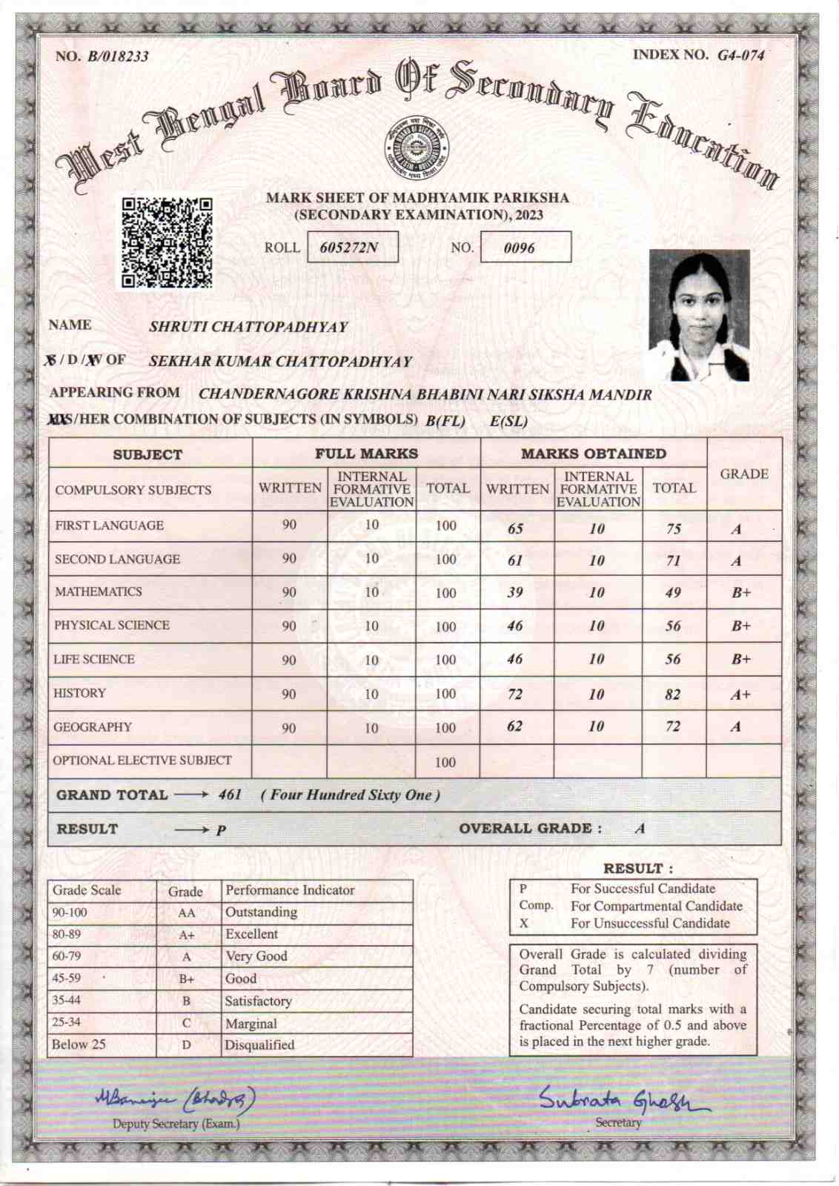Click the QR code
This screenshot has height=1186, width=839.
167,242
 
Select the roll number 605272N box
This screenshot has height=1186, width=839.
352,248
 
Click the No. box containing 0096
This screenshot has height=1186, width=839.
525,248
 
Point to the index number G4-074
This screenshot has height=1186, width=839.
740,55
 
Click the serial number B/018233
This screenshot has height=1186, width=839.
118,56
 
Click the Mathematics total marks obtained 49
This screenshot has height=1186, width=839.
673,592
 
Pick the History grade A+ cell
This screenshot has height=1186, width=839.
740,695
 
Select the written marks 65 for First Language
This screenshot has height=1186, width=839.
515,529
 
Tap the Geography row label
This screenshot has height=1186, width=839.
92,727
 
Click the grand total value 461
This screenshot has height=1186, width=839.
230,795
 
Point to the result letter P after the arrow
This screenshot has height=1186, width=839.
221,830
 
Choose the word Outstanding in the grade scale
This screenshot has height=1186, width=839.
261,912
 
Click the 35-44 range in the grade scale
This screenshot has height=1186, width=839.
66,1000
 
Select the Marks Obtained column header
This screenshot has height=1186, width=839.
593,454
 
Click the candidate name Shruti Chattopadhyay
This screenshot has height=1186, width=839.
248,327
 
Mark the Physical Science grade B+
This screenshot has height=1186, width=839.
741,626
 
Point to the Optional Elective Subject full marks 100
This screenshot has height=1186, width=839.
445,762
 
